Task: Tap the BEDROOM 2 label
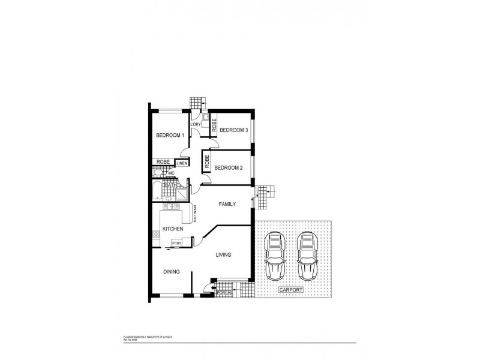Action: tap(228, 167)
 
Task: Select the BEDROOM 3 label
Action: tap(233, 130)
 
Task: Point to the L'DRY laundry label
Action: tap(196, 124)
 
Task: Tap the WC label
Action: tap(171, 173)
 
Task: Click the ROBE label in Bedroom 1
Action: tap(162, 162)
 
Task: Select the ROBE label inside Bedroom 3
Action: tap(214, 125)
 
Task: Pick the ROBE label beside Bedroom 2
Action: tap(206, 161)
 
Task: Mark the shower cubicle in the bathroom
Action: tap(182, 193)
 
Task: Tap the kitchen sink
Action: tap(169, 208)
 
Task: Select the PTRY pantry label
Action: tap(177, 242)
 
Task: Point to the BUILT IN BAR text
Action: tap(195, 212)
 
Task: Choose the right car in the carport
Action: tap(307, 256)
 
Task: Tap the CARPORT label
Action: tap(290, 290)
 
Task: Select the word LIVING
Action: tap(223, 255)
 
